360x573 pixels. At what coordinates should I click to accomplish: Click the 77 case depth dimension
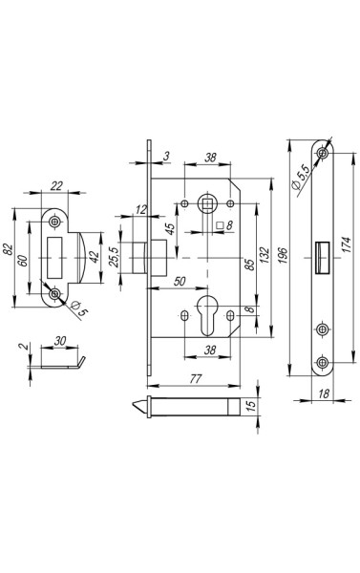point(196,378)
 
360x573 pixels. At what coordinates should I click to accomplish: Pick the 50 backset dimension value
point(180,282)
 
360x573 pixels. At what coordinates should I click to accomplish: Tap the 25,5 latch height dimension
point(114,257)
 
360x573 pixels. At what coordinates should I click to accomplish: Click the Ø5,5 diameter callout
point(302,177)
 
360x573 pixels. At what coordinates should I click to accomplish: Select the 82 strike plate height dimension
point(8,249)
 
